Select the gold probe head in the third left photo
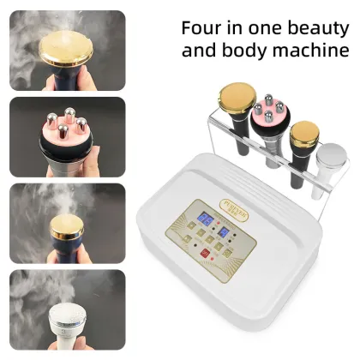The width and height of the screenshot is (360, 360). click(65, 225)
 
